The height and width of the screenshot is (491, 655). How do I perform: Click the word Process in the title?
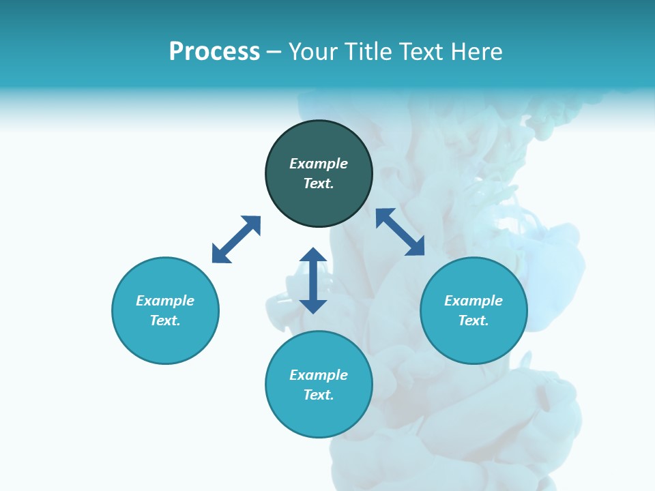coord(214,52)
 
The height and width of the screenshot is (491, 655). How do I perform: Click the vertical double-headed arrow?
coord(313,280)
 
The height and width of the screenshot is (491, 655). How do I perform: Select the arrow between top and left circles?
coord(236,239)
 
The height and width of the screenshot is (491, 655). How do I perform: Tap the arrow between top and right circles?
coord(400,232)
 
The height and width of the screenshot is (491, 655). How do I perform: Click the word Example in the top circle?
coord(319,164)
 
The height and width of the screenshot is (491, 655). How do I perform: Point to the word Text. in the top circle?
coord(319,183)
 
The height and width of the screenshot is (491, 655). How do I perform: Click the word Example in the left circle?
coord(165,301)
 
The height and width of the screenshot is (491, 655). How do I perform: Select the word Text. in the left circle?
coord(165,321)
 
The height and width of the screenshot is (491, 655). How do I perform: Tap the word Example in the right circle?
coord(474,301)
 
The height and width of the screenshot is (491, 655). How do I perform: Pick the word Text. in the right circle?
coord(474,321)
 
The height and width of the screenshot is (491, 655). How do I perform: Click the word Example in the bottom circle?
coord(319,375)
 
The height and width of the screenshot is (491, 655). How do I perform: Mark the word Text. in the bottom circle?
coord(319,395)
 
